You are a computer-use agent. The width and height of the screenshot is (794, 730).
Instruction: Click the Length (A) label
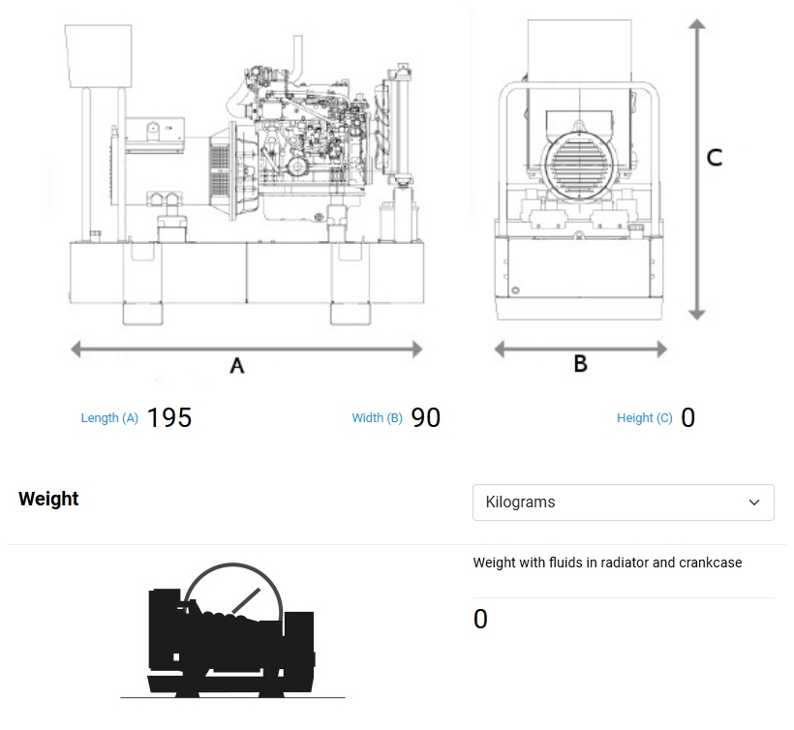coord(109,418)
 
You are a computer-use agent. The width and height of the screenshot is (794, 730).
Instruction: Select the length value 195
coord(169,417)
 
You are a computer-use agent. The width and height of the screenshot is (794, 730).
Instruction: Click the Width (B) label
coord(377,418)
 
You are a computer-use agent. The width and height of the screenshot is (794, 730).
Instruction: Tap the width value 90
coord(426,417)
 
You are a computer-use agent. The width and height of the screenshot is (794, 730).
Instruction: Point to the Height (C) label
coord(644,418)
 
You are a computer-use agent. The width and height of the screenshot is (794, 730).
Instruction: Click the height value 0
coord(688,417)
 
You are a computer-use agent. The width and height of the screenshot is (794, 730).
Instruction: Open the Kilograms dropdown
coord(623,502)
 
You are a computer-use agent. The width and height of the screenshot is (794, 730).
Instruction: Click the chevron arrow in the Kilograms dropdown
coord(755,502)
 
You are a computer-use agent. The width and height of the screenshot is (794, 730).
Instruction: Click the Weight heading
coord(48,500)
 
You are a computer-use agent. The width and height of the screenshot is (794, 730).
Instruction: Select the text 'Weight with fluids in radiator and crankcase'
coord(607,563)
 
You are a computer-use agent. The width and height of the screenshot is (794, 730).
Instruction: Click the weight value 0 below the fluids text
coord(480,620)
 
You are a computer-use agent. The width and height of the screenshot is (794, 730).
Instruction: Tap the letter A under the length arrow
coord(236,366)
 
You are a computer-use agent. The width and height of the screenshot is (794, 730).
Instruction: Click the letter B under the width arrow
coord(580,364)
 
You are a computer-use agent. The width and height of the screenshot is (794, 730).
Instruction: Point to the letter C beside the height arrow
coord(714,158)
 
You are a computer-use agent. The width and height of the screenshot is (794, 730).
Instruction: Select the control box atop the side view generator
coord(97,54)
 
